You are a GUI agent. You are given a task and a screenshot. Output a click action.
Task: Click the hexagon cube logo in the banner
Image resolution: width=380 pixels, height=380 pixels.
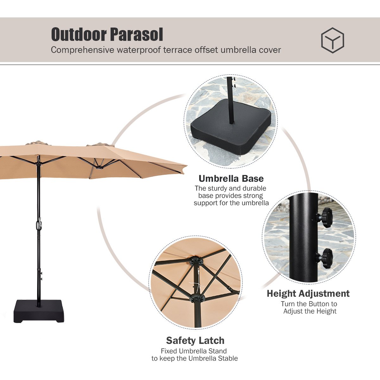click(332, 41)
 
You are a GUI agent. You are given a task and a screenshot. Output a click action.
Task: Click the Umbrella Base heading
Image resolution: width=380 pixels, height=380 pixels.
click(231, 179)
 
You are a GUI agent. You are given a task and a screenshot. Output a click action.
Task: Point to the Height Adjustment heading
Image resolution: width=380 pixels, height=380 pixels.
click(308, 294)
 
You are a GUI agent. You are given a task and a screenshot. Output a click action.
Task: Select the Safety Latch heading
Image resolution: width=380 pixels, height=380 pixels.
click(195, 340)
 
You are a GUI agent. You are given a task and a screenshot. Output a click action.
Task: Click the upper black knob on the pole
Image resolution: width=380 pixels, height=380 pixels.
click(325, 217)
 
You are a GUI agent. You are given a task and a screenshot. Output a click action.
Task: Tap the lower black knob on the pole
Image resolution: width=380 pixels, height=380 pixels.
click(326, 258)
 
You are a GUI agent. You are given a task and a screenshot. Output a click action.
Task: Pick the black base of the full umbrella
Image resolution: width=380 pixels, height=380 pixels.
click(38, 311)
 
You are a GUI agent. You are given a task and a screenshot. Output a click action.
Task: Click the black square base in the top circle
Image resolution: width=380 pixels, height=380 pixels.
click(231, 123)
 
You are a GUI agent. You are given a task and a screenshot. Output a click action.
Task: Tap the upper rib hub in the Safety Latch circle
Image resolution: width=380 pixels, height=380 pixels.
click(196, 262)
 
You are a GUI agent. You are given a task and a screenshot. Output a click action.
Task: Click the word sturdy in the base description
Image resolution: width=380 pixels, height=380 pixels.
click(218, 188)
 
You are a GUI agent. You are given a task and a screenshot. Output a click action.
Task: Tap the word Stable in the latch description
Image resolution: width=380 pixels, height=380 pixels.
click(228, 358)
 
